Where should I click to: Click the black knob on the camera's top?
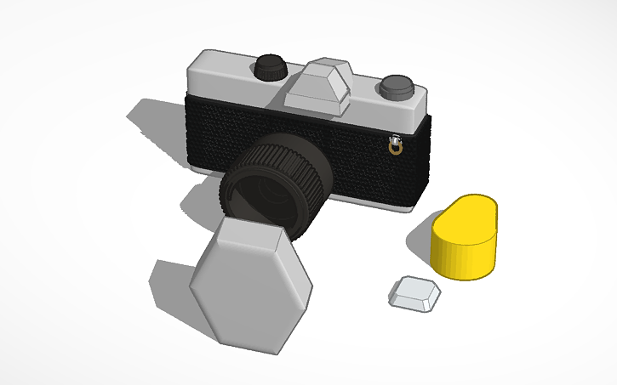pos(271,66)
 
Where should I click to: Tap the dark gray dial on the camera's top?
pos(396,85)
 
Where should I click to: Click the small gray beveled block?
pos(415,293)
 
